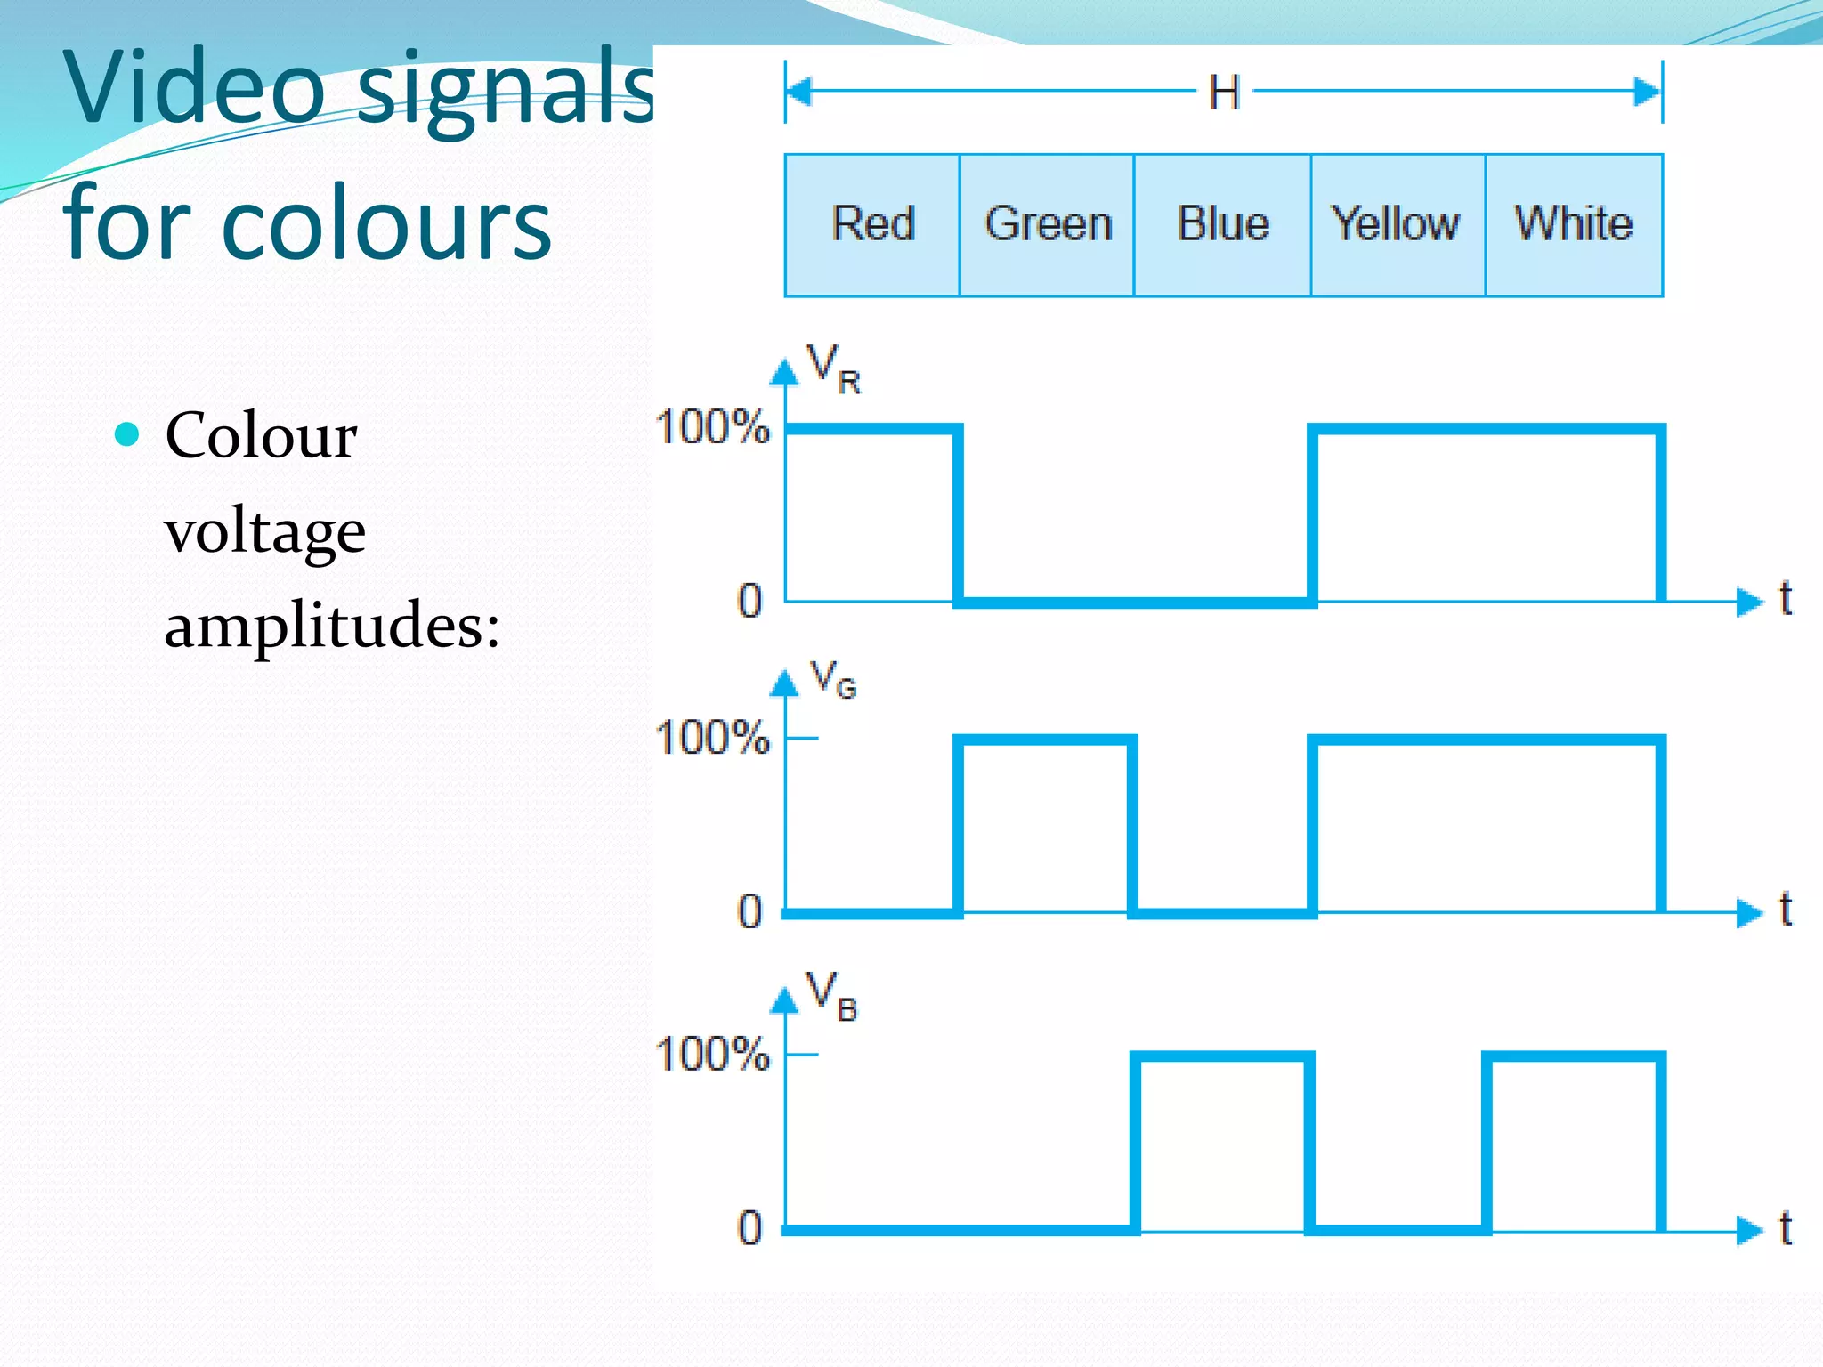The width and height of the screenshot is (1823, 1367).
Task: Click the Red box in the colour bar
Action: pyautogui.click(x=872, y=224)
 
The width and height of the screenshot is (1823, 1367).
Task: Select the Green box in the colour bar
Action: pyautogui.click(x=1048, y=224)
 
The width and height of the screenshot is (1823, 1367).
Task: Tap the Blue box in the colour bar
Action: pyautogui.click(x=1223, y=224)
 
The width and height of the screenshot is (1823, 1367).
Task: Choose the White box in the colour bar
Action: pyautogui.click(x=1574, y=224)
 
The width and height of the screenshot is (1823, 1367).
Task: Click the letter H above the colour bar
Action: pyautogui.click(x=1224, y=93)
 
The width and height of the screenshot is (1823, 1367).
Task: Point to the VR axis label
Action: pyautogui.click(x=833, y=368)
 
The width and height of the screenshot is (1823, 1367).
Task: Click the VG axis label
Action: pyautogui.click(x=833, y=679)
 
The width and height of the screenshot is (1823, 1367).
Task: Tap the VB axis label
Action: pyautogui.click(x=831, y=996)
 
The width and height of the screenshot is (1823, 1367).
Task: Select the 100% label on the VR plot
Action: pyautogui.click(x=712, y=427)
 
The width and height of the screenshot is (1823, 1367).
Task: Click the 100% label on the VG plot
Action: pyautogui.click(x=712, y=738)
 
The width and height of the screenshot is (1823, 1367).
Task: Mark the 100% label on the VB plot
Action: pyautogui.click(x=712, y=1054)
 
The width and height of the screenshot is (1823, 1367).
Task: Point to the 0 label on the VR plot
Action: pyautogui.click(x=750, y=601)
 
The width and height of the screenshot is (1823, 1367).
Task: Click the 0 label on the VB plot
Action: pyautogui.click(x=750, y=1228)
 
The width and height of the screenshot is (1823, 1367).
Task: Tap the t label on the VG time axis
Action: pyautogui.click(x=1785, y=910)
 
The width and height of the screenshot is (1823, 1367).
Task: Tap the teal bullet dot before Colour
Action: pyautogui.click(x=128, y=434)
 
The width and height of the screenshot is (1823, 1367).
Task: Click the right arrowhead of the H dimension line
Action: pyautogui.click(x=1648, y=92)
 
